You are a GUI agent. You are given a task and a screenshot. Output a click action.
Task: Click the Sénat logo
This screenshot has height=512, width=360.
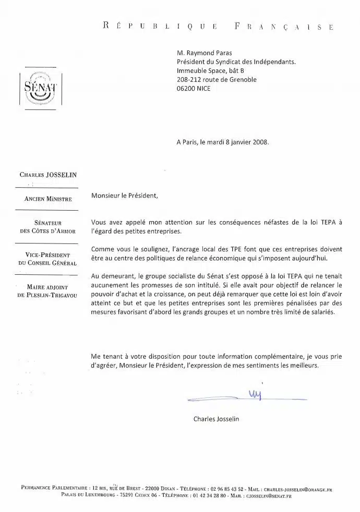pos(40,87)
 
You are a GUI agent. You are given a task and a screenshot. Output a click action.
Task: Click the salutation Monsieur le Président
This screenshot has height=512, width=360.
pos(124,197)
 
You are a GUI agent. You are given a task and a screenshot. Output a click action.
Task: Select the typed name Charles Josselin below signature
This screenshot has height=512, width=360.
pos(216,419)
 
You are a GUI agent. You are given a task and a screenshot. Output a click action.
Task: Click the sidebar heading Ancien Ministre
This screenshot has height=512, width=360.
pos(48,199)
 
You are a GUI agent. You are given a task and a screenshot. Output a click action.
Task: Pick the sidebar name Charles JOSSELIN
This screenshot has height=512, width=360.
pos(48,175)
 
